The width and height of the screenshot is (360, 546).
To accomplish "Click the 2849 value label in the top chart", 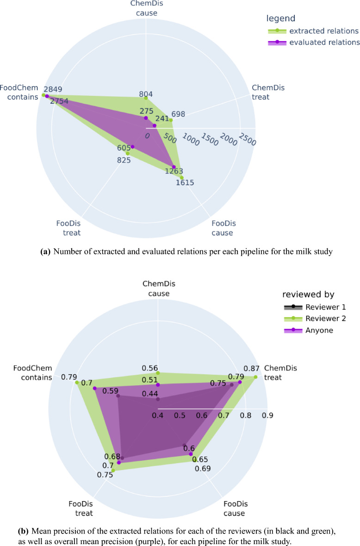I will pyautogui.click(x=53, y=89).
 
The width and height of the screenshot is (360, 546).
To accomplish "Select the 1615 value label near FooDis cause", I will pyautogui.click(x=185, y=182).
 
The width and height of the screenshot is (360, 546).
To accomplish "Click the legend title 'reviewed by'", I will pyautogui.click(x=308, y=295).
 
